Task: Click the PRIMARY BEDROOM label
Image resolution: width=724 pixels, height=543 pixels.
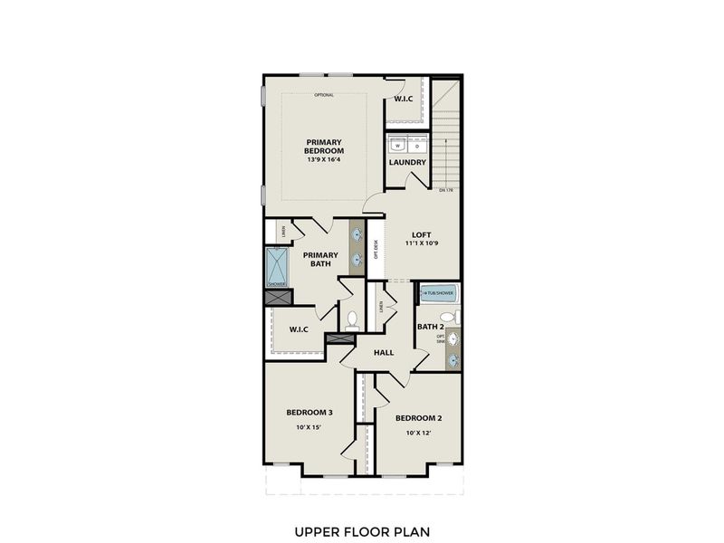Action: click(323, 147)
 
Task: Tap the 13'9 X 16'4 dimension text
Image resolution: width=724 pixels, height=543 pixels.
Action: click(323, 159)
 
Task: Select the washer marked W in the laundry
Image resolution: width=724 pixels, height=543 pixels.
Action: click(395, 145)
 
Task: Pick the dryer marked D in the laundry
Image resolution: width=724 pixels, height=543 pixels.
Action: click(415, 145)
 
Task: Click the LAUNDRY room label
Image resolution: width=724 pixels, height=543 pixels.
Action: click(406, 163)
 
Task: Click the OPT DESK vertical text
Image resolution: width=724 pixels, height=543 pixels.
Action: click(376, 248)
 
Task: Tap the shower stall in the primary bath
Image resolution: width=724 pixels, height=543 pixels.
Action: click(276, 266)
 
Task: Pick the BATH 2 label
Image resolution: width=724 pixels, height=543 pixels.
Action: click(429, 326)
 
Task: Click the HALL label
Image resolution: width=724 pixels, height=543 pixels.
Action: click(383, 352)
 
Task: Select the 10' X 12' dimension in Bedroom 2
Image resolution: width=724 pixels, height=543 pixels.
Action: click(417, 433)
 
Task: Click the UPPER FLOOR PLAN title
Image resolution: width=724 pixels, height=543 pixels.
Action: click(361, 531)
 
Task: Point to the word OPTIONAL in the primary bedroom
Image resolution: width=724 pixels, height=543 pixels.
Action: click(324, 95)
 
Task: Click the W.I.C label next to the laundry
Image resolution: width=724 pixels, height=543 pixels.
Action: click(403, 98)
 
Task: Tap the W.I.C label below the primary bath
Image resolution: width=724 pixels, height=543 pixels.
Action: click(299, 329)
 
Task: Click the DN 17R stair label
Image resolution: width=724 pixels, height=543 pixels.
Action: click(444, 191)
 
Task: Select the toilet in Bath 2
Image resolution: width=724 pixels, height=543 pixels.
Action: click(457, 318)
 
